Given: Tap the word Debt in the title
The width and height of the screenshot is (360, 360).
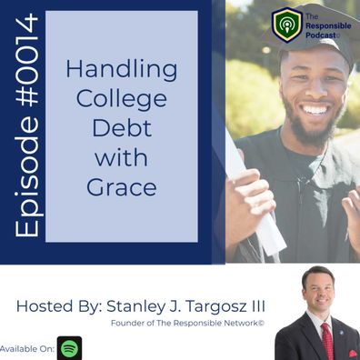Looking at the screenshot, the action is [122, 128].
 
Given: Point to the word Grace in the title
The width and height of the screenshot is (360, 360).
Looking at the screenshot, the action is [122, 187].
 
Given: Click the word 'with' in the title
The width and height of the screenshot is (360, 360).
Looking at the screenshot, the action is [122, 157].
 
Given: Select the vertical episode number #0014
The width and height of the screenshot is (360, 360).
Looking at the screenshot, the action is [26, 60].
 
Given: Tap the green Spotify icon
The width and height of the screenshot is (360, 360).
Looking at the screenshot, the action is [69, 348].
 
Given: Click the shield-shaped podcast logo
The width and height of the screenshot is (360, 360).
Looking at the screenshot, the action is [286, 25].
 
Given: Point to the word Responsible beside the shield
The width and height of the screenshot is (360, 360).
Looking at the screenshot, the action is [328, 26].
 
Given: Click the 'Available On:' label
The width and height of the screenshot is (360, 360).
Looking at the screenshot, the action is [26, 348].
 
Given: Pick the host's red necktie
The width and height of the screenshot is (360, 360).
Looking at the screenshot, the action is [327, 341].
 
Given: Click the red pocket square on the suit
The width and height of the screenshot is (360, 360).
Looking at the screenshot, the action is [353, 354].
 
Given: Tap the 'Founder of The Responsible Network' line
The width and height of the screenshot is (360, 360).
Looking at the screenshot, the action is [187, 323].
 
